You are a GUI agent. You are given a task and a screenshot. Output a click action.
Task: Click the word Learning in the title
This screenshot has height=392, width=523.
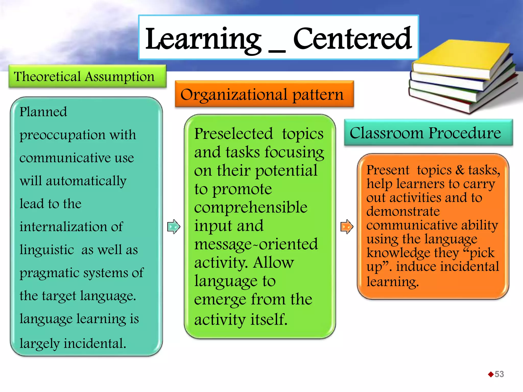(203, 39)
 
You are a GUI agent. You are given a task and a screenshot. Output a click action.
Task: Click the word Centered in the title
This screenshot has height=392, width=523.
(352, 39)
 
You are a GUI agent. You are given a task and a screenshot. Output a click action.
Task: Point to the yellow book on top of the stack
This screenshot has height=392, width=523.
(457, 59)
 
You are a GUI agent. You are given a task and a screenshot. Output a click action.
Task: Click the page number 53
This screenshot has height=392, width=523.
(499, 374)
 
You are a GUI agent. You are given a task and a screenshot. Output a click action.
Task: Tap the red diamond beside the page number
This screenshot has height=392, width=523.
(491, 374)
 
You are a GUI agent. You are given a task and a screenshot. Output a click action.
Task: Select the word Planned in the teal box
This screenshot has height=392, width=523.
(43, 112)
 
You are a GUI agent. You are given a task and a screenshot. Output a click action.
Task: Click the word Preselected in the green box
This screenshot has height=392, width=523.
(233, 134)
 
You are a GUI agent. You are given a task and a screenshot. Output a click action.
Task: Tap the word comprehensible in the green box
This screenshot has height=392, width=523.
(251, 207)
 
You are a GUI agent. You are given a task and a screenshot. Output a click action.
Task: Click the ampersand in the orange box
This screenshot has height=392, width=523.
(460, 170)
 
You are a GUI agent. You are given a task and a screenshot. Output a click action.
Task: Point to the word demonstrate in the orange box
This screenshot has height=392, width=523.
(403, 211)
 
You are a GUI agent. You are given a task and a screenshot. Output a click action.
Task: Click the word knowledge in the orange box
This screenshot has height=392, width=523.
(398, 253)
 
